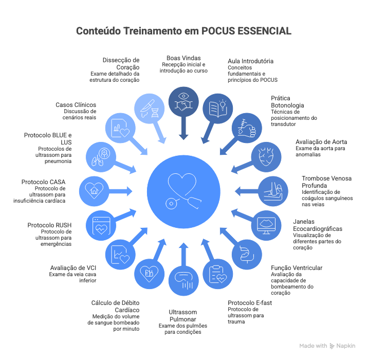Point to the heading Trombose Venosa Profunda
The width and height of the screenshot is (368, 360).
coord(327,182)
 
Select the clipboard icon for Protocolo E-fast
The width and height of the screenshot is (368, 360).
coord(218,274)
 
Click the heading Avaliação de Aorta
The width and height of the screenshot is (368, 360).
coord(321,142)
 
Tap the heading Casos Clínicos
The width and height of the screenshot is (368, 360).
coord(76,105)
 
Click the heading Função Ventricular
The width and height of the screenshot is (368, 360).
coord(297,267)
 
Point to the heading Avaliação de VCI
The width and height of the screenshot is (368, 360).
coord(73,267)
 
